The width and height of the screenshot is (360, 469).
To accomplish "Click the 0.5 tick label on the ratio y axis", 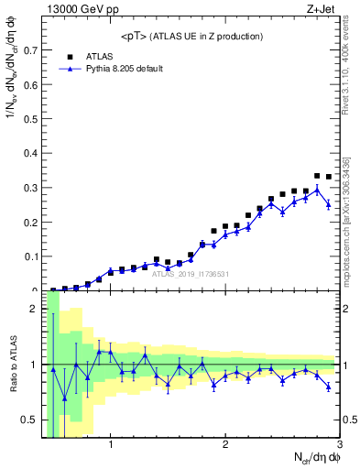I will tap(31, 420).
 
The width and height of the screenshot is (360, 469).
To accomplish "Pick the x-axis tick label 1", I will tap(111, 446).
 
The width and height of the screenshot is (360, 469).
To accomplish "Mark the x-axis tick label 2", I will tap(224, 446).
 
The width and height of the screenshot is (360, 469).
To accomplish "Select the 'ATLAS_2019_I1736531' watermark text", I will tap(191, 274).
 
